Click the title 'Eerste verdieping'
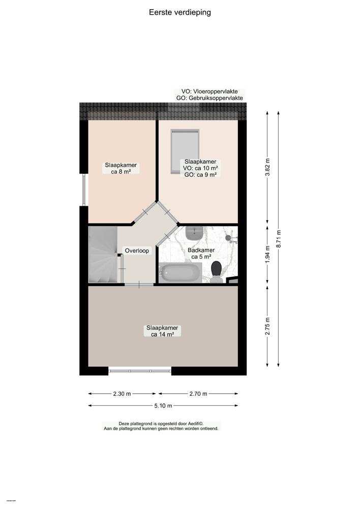(179, 12)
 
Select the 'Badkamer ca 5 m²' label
(201, 253)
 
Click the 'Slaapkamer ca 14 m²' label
(163, 331)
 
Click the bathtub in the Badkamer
(179, 273)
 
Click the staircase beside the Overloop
(103, 255)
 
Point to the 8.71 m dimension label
(278, 238)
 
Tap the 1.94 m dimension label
(267, 253)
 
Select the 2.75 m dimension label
(267, 325)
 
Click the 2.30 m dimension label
(122, 394)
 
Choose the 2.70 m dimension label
(198, 394)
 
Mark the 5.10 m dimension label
(163, 405)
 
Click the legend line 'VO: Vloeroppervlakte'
(206, 91)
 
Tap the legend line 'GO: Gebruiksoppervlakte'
(208, 98)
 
